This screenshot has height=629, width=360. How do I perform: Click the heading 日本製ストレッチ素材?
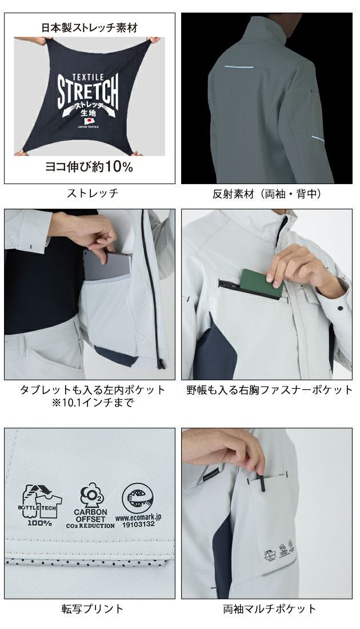coord(89,27)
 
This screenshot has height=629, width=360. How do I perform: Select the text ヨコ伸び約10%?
coord(89,167)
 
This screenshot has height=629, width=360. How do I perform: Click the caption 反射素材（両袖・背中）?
coord(266,194)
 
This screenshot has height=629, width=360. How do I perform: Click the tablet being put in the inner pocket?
coord(109,266)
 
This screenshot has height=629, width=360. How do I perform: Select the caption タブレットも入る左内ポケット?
coord(93,390)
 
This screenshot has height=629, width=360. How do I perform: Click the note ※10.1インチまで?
coord(93,404)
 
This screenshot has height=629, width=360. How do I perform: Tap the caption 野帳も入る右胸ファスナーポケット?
coord(270,390)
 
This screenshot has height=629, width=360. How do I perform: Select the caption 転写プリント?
coord(93,608)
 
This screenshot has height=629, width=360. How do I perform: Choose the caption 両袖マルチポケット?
coord(270,608)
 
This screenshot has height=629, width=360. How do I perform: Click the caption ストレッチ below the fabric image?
coord(93,194)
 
